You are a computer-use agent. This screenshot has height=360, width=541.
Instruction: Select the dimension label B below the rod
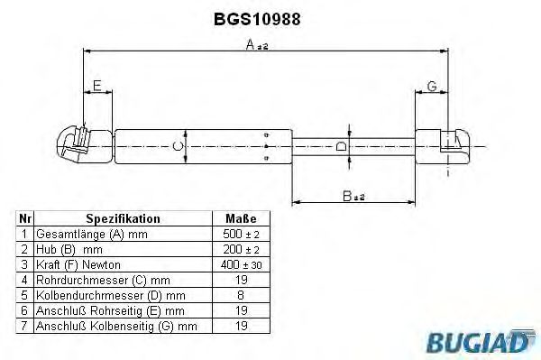pos(348,196)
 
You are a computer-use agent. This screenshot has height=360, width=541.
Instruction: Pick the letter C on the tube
pos(178,144)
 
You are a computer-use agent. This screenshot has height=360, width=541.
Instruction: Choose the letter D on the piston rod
pos(340,144)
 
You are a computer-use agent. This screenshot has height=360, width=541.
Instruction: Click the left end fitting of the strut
pos(76,143)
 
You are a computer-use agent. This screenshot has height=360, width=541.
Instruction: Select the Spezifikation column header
pos(123,218)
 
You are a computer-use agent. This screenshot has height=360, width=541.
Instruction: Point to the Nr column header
pos(26,218)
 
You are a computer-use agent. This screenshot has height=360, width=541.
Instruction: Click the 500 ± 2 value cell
pos(240,234)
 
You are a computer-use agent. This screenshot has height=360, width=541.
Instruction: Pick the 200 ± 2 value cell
pos(240,249)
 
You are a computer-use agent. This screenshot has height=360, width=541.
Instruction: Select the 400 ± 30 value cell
pos(240,264)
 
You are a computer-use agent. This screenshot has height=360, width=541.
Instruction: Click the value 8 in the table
pos(240,295)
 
